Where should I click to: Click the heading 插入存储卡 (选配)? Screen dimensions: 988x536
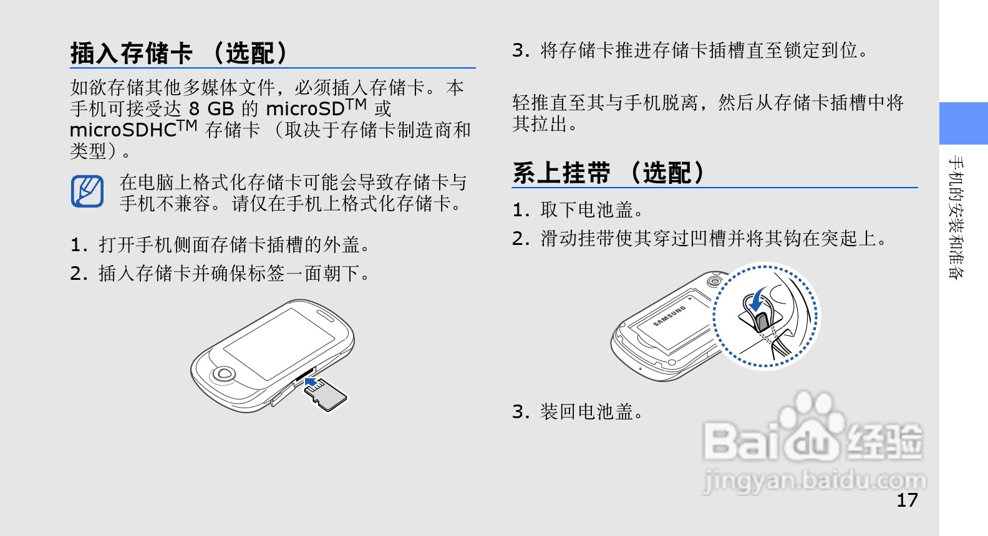coord(179,53)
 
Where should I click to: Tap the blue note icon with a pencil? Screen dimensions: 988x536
coord(87,191)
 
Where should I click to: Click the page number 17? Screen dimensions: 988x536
coord(907,500)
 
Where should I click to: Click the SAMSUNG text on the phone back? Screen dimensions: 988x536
coord(669,315)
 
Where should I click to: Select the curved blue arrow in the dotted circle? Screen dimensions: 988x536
coord(758,297)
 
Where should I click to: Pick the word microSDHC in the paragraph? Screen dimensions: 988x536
coord(123,130)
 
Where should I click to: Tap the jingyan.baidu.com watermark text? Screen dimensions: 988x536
coord(814,481)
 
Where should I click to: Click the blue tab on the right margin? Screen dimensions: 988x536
coord(964,123)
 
